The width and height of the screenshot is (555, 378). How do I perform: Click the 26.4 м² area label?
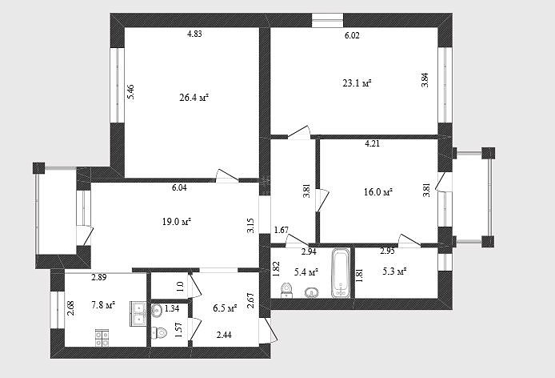(194, 98)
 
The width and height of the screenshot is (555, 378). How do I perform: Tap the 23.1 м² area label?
(357, 83)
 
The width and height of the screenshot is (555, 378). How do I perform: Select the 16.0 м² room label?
(378, 192)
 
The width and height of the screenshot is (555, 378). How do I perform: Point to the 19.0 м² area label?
(177, 222)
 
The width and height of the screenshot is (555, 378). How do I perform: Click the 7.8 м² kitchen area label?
(103, 304)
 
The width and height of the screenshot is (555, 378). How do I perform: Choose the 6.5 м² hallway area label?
(225, 308)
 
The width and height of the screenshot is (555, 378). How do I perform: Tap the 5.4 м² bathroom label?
(306, 272)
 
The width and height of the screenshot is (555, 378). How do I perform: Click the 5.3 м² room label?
(394, 271)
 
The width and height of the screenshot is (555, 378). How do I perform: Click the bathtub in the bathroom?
(341, 272)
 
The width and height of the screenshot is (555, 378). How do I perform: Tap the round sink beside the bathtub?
(311, 292)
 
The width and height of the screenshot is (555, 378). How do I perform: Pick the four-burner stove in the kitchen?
(102, 338)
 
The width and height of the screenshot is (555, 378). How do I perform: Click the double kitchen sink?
(138, 314)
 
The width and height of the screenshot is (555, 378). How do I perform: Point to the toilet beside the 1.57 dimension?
(160, 332)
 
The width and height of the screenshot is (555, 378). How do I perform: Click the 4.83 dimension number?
(194, 34)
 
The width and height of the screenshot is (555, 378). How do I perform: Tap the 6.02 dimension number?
(352, 35)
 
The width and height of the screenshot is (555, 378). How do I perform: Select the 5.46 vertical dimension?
(130, 93)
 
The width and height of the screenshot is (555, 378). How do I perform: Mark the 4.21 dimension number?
(373, 143)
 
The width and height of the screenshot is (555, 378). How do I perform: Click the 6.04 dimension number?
(179, 187)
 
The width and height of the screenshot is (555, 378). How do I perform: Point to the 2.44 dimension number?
(224, 335)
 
